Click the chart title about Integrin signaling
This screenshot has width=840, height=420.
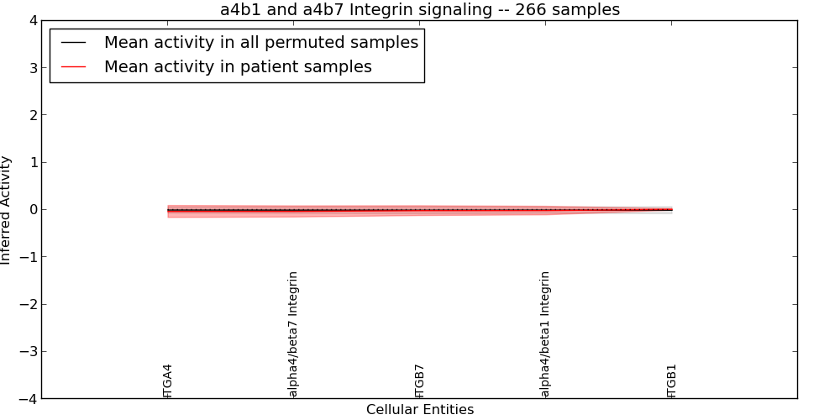coord(419,9)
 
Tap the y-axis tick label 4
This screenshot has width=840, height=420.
coord(34,21)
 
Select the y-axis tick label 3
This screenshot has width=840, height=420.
coord(34,68)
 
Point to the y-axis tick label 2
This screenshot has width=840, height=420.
coord(34,115)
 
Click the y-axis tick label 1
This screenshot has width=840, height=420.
coord(34,162)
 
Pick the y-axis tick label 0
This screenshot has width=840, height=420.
coord(34,209)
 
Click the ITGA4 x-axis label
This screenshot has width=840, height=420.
coord(167,381)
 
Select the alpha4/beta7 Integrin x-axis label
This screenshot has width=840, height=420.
coord(293,334)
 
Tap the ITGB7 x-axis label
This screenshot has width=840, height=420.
coord(419,381)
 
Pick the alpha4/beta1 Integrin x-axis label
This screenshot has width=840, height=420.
coord(545,334)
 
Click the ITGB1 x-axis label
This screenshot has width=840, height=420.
coord(672,381)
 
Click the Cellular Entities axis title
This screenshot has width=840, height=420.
coord(420,410)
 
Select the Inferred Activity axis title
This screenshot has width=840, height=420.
coord(5,210)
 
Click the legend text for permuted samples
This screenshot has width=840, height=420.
coord(261,42)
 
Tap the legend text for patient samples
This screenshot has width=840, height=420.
coord(238,67)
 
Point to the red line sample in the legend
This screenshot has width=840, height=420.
coord(73,67)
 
